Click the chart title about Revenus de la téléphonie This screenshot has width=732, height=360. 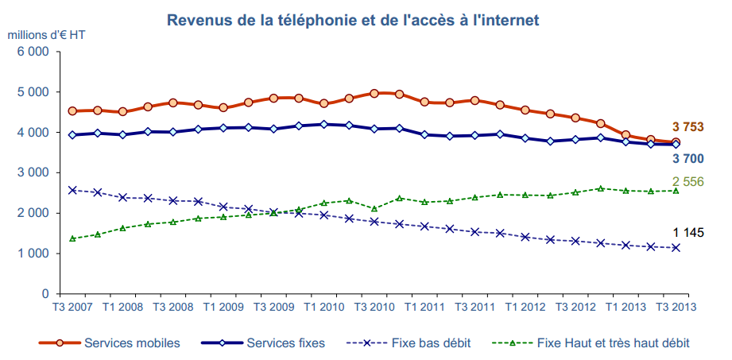click(365, 19)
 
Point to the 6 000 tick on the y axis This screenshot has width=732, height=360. click(33, 52)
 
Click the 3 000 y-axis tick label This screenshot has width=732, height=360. click(33, 172)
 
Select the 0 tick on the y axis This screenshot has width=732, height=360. click(46, 294)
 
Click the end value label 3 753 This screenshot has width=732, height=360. click(688, 127)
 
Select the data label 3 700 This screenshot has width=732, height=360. click(688, 158)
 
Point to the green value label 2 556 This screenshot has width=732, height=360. click(688, 182)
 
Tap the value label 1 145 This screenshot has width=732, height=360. click(688, 233)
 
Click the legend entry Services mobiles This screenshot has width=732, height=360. click(132, 343)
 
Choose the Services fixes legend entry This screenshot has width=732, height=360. click(286, 343)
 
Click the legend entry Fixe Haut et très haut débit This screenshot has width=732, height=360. click(613, 343)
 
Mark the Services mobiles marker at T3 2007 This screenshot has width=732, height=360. click(72, 111)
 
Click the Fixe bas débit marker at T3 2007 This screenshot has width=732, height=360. click(72, 190)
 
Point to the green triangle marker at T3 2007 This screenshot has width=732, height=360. click(72, 238)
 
